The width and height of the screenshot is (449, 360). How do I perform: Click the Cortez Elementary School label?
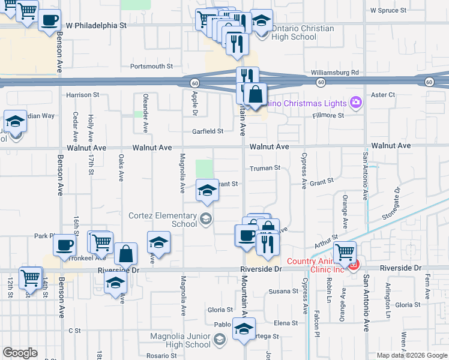[163, 219]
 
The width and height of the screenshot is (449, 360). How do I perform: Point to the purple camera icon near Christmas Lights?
[356, 103]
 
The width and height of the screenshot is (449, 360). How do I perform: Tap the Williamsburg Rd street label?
[334, 73]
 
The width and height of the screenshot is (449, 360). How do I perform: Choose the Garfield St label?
[207, 131]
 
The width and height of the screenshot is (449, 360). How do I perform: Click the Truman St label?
[265, 169]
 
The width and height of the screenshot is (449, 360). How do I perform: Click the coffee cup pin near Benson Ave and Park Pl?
[65, 244]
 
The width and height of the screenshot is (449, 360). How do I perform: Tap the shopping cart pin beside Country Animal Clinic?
[345, 251]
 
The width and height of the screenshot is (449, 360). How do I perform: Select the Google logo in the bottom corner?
[20, 353]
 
